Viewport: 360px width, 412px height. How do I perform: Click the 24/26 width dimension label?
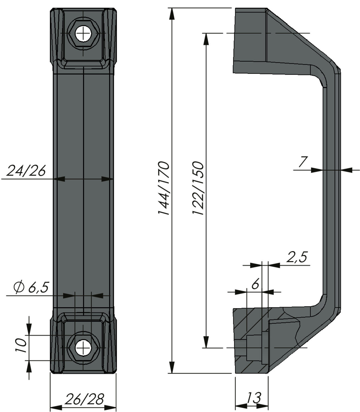coord(26,171)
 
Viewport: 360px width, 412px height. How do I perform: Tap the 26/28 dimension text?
coord(84,399)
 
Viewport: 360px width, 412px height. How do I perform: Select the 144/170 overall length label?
coord(163,188)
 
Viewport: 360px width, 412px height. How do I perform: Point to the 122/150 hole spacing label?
coord(198,188)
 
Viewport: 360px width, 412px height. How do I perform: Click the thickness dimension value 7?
coord(303,162)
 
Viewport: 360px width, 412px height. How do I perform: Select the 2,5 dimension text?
coord(297,257)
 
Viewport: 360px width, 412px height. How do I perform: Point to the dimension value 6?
coord(255,284)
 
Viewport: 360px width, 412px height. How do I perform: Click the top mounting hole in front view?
coord(83,34)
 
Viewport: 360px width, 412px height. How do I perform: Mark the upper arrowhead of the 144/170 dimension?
coord(171,14)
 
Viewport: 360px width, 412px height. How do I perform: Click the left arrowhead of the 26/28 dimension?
coord(56,408)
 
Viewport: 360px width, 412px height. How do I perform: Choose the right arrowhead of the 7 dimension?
coord(346,170)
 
